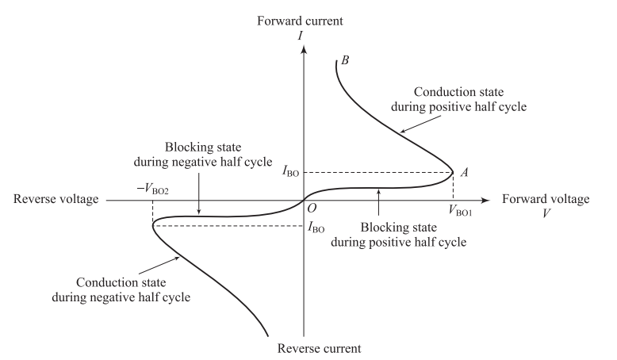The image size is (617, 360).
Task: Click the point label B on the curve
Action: pos(345,59)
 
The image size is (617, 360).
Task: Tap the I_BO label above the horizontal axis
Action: pos(289,171)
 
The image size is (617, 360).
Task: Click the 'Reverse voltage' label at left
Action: pos(56,200)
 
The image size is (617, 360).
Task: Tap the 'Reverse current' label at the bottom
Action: pos(305,348)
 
